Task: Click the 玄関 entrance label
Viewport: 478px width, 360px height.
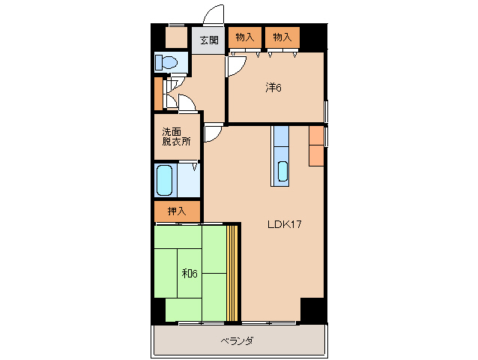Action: pos(209,40)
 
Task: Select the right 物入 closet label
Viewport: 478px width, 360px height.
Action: pos(282,37)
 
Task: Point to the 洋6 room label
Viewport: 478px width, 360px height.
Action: pos(273,88)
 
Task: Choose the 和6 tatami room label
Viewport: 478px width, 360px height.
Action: pos(189,273)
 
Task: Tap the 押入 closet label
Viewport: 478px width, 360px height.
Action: pos(177,212)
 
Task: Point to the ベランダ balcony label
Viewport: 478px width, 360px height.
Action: pos(237,341)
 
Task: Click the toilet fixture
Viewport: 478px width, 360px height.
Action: pos(166,62)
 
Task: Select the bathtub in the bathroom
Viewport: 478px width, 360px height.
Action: pos(165,179)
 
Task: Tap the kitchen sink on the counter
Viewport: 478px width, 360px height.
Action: pos(282,172)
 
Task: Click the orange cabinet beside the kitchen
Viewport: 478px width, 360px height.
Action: pos(317,145)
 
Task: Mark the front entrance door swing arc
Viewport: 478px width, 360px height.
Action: pos(215,16)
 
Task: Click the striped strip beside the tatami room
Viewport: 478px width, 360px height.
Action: pos(233,272)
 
